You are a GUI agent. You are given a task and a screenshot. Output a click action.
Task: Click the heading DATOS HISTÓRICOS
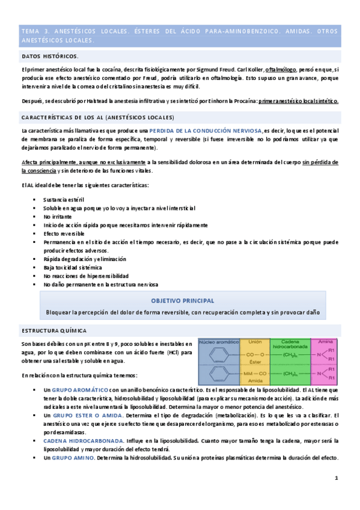point(49,56)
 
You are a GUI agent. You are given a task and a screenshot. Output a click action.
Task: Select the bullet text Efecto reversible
point(64,233)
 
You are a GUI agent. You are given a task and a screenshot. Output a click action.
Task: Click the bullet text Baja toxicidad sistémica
point(73,266)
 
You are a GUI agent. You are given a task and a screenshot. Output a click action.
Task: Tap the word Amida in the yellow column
point(255,381)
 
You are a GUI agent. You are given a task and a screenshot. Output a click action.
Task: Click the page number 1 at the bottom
point(337,479)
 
